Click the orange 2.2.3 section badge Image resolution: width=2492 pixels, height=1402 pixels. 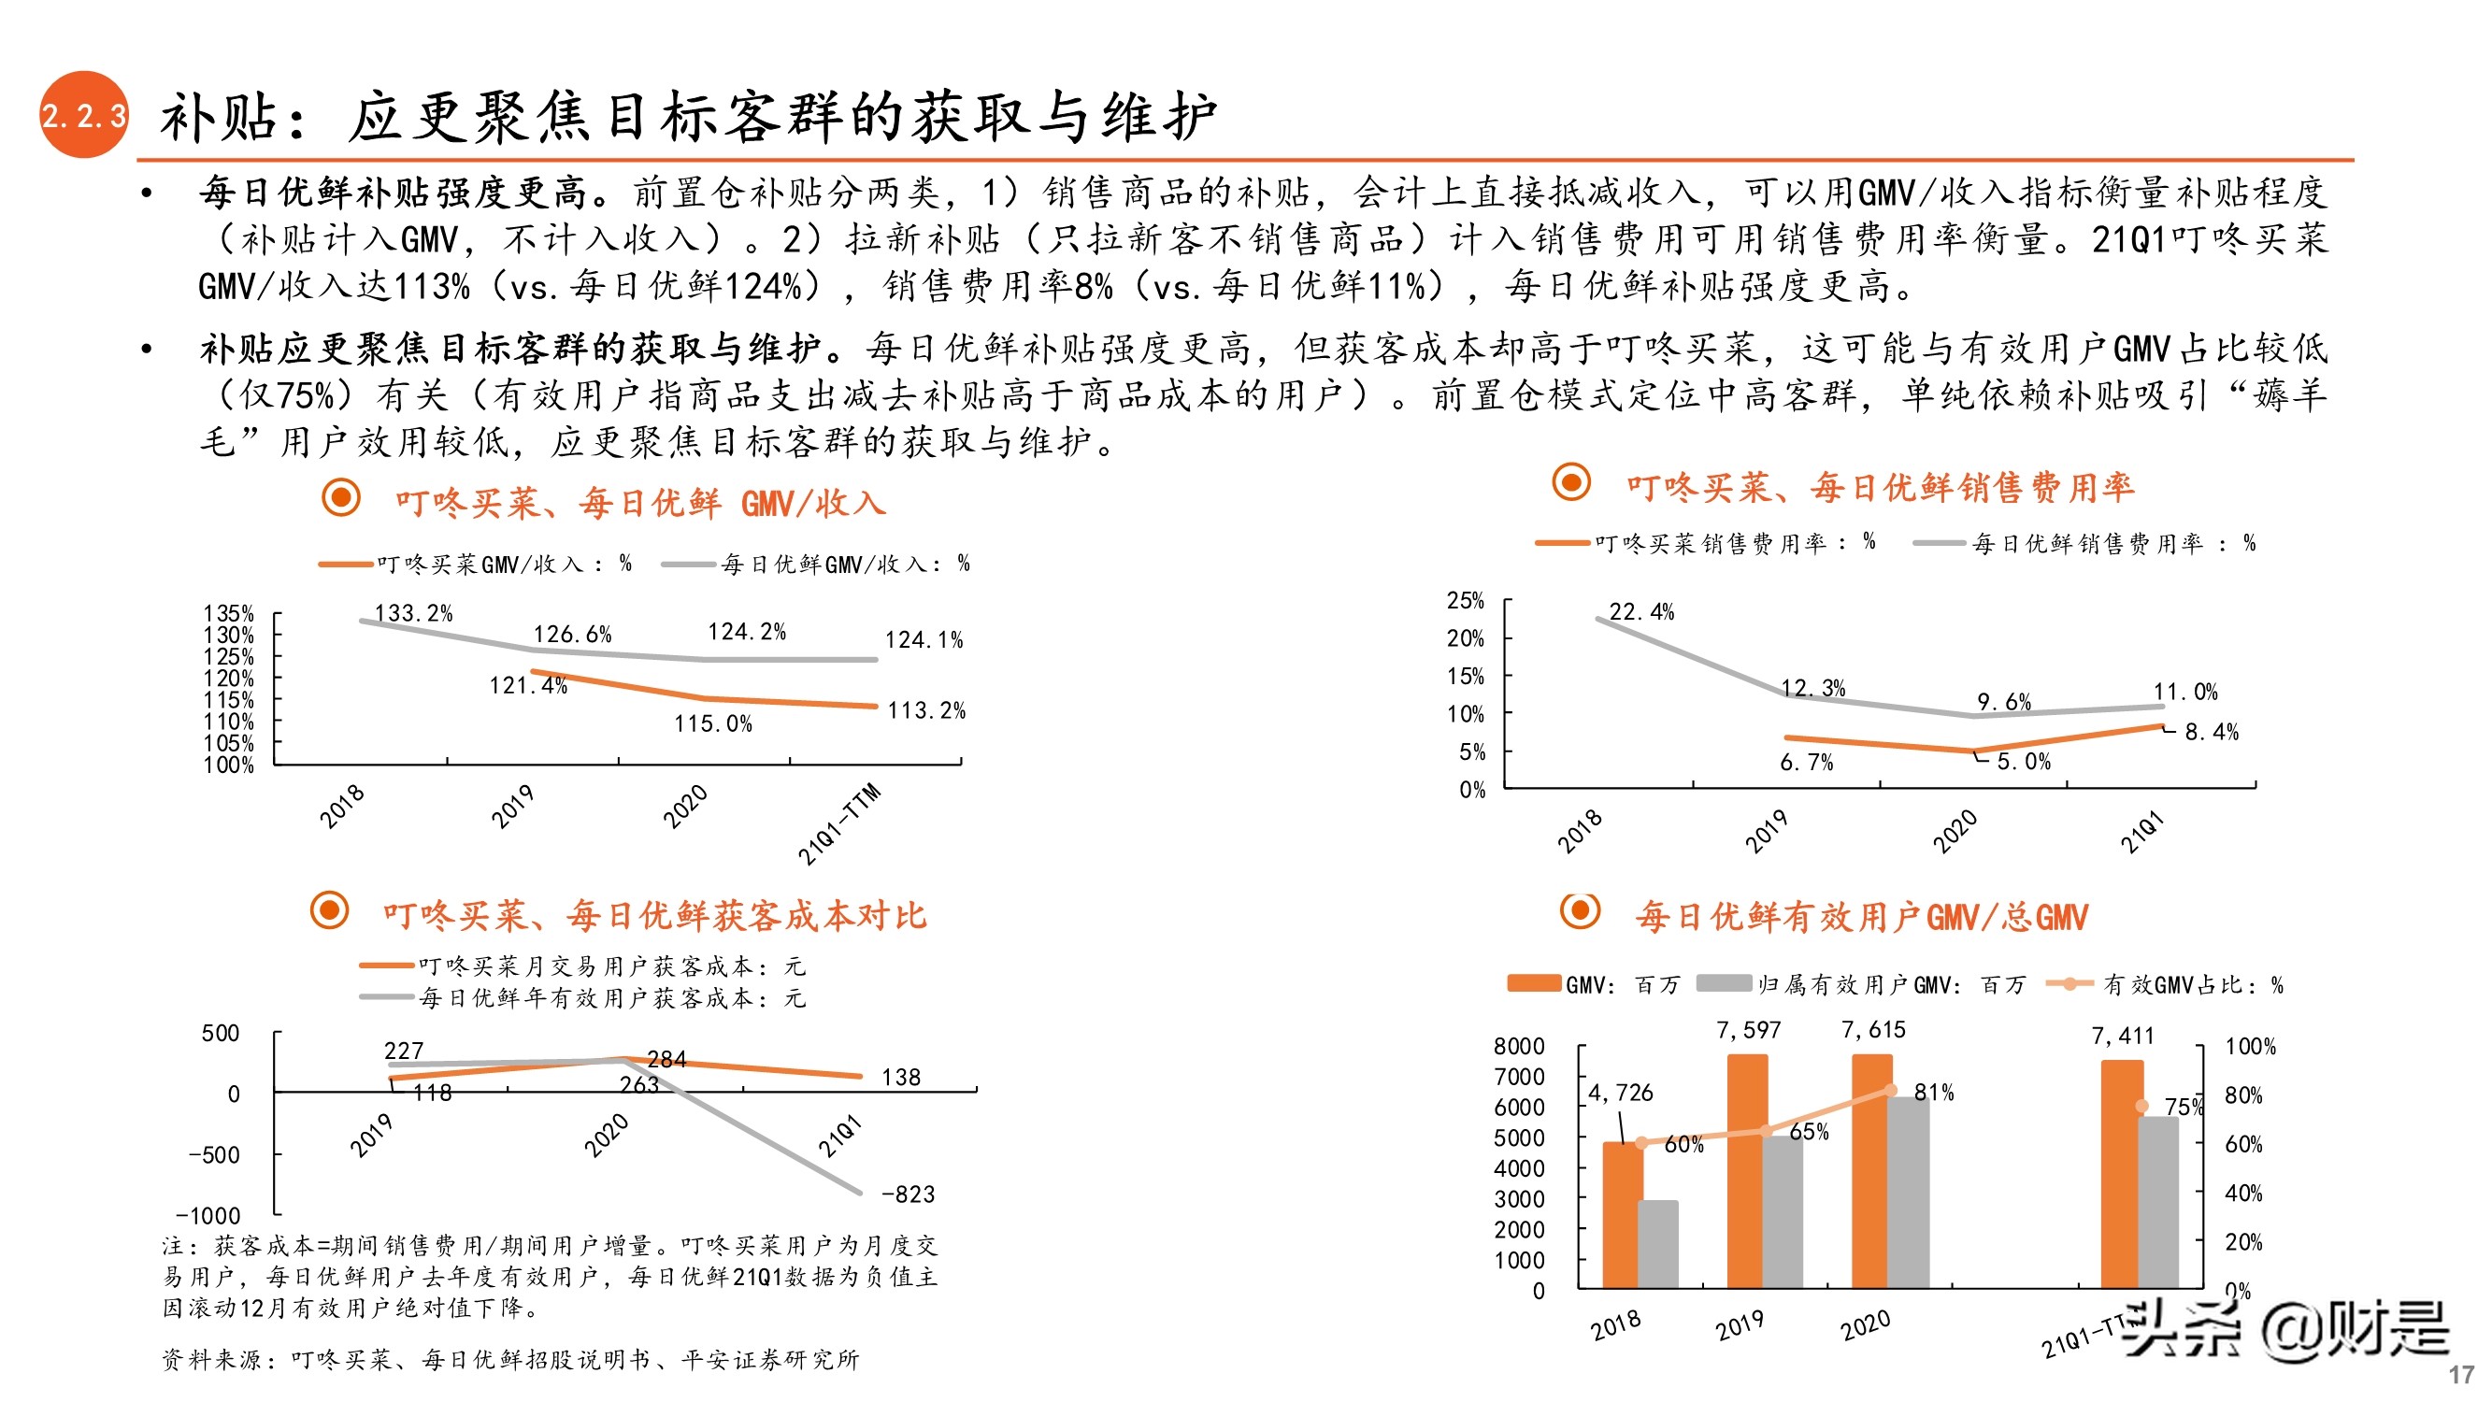[x=83, y=115]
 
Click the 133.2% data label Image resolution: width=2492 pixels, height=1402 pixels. [x=413, y=613]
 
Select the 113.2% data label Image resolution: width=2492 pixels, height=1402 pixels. [x=925, y=711]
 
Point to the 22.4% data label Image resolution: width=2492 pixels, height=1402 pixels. [x=1640, y=611]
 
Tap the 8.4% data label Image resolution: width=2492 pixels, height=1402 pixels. [x=2211, y=733]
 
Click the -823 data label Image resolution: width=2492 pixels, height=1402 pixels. [x=908, y=1194]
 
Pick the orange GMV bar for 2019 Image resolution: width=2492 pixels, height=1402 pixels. [x=1746, y=1171]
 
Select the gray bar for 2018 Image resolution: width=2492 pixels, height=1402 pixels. [x=1657, y=1244]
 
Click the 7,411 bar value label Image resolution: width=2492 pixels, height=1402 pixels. [x=2123, y=1037]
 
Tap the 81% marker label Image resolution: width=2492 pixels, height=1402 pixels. [x=1934, y=1093]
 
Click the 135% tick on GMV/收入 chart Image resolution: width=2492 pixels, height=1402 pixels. [x=228, y=613]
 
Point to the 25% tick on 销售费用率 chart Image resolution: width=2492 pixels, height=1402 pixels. [x=1465, y=601]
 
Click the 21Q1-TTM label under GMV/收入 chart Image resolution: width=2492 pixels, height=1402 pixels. [x=838, y=823]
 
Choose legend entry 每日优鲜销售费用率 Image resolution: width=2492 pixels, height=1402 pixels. [x=2084, y=544]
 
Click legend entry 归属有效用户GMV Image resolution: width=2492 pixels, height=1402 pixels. [x=1862, y=985]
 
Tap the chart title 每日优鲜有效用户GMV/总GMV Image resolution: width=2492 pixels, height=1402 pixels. [x=1861, y=916]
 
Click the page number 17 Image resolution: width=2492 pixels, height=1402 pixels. [x=2462, y=1375]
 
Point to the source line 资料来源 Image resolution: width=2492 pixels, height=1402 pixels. [x=509, y=1359]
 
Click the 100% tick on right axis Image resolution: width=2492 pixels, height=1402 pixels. [x=2250, y=1047]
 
